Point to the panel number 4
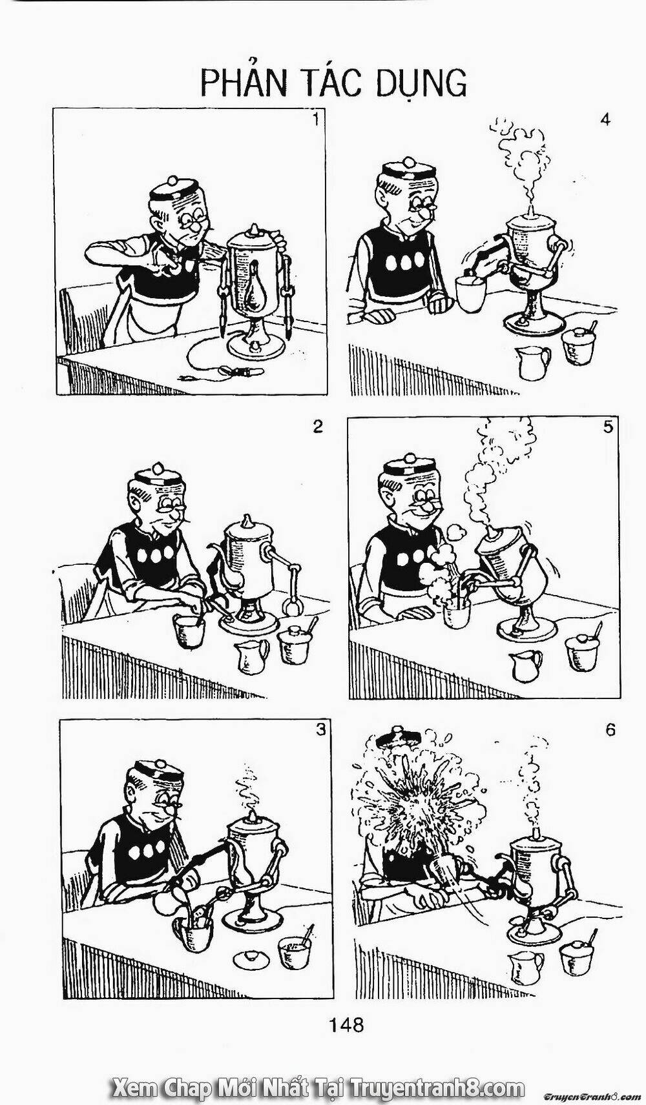click(605, 120)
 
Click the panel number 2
click(318, 426)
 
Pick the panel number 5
click(608, 427)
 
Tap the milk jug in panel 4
click(532, 363)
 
